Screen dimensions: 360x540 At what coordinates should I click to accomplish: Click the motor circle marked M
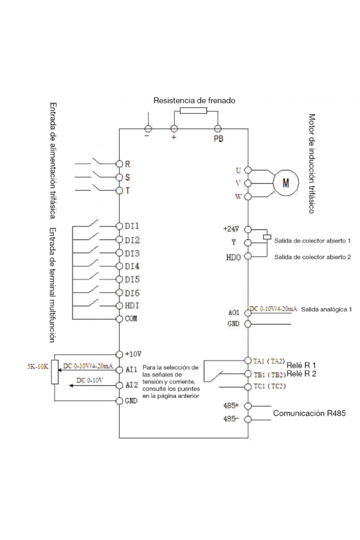[285, 183]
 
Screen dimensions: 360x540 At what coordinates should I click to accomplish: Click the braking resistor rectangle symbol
[194, 110]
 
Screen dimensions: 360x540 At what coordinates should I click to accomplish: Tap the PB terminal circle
[218, 129]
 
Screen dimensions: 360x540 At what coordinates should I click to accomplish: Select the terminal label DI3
[132, 253]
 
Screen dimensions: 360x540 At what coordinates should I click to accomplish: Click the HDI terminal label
[132, 306]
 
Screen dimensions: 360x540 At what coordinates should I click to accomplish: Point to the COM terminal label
[131, 319]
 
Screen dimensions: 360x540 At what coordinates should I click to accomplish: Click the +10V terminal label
[133, 354]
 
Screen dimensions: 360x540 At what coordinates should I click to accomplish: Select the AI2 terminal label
[132, 384]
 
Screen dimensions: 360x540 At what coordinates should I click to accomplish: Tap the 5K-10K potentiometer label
[38, 366]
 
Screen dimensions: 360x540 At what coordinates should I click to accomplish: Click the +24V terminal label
[231, 229]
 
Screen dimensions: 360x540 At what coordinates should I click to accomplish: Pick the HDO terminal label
[233, 257]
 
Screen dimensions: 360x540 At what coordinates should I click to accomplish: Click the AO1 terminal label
[234, 312]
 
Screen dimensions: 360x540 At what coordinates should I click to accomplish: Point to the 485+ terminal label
[231, 406]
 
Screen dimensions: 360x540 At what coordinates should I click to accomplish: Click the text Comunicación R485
[309, 413]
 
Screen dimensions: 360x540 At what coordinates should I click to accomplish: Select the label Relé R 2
[301, 373]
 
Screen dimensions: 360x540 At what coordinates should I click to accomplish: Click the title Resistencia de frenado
[194, 100]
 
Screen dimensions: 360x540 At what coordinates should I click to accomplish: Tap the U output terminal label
[239, 170]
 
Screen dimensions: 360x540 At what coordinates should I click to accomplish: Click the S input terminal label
[127, 177]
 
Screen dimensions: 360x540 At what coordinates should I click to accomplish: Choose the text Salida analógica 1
[326, 309]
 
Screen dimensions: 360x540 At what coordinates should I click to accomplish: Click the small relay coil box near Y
[267, 237]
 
